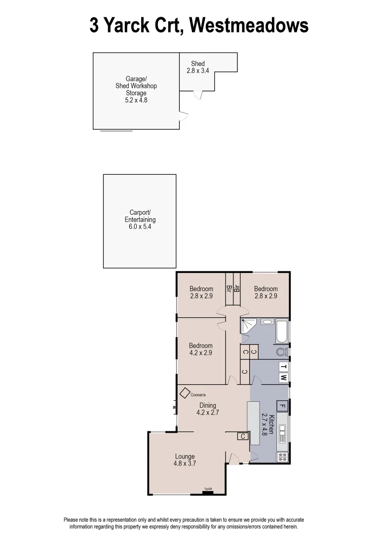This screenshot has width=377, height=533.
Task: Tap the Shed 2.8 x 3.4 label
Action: pyautogui.click(x=198, y=67)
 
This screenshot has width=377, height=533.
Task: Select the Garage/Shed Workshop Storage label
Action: pyautogui.click(x=136, y=89)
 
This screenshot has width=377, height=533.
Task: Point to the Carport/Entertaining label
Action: pyautogui.click(x=140, y=220)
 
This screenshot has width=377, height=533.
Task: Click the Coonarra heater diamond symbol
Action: pyautogui.click(x=185, y=393)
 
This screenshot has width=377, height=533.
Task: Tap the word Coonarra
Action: pyautogui.click(x=198, y=395)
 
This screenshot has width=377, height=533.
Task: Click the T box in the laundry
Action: pyautogui.click(x=283, y=367)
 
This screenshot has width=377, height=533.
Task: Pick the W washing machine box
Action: pyautogui.click(x=283, y=378)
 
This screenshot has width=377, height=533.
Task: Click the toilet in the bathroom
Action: pyautogui.click(x=282, y=352)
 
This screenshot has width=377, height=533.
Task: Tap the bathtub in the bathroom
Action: pyautogui.click(x=282, y=331)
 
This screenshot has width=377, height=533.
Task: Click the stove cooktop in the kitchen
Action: pyautogui.click(x=283, y=457)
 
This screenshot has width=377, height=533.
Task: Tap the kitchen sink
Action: pyautogui.click(x=283, y=434)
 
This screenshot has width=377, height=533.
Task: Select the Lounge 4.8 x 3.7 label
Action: pyautogui.click(x=185, y=460)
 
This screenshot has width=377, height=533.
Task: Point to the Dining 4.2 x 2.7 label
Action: pyautogui.click(x=208, y=409)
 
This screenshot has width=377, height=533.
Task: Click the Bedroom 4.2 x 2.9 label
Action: pyautogui.click(x=201, y=349)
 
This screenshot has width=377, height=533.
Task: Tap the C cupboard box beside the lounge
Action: pyautogui.click(x=242, y=436)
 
